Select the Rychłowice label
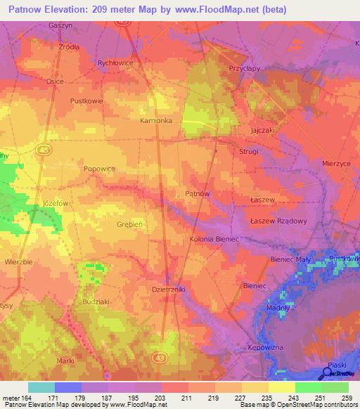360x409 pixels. coord(115,62)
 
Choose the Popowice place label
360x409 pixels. coord(99,169)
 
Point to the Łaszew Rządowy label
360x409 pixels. coord(279,221)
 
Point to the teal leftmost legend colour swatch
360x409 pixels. coord(41,387)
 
